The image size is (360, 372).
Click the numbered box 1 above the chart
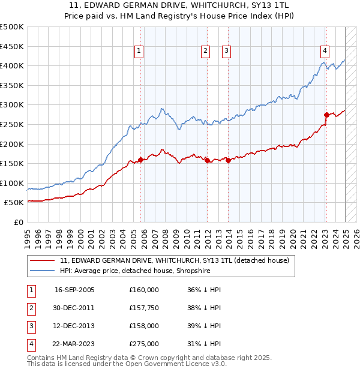[x=139, y=52]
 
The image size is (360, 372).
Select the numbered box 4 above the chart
[x=324, y=52]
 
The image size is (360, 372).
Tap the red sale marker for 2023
[x=326, y=115]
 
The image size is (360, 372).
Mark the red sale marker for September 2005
[x=141, y=160]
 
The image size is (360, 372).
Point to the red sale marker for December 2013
[x=229, y=160]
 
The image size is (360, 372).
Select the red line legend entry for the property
[x=175, y=260]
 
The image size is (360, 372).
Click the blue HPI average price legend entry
[x=142, y=271]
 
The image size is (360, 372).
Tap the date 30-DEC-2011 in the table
[x=74, y=308]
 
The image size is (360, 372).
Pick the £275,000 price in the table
[x=143, y=344]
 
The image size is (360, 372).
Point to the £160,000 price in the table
[x=143, y=290]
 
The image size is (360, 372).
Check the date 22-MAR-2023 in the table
[x=74, y=344]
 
